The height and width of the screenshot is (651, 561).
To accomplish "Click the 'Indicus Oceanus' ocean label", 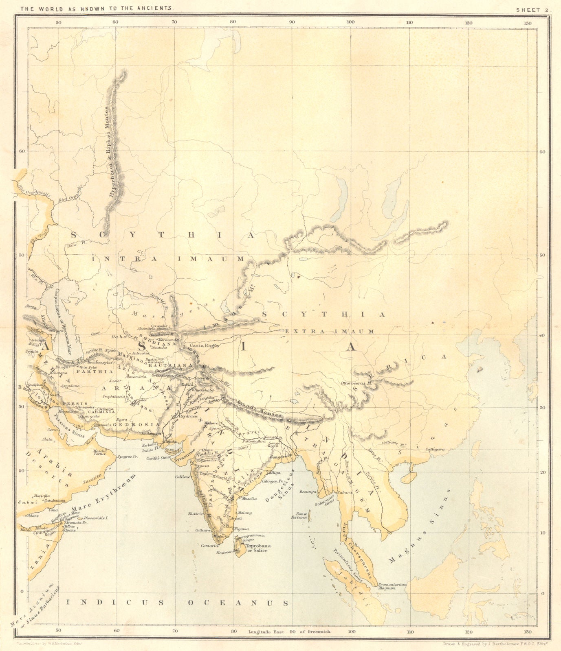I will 178,603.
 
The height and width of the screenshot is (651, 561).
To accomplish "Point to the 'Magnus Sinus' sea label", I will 419,528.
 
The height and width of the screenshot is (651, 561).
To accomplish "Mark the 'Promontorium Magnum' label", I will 392,586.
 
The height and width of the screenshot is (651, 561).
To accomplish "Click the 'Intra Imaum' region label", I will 167,259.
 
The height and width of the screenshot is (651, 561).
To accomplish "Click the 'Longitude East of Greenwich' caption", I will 289,632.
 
